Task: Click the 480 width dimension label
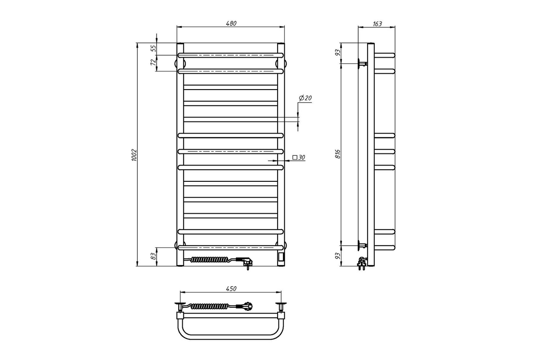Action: tap(231, 23)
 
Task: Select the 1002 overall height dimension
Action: tap(134, 155)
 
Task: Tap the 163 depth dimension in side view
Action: tap(377, 24)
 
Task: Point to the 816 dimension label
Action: tap(338, 154)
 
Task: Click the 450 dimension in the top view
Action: tap(231, 288)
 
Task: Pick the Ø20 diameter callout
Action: tap(305, 98)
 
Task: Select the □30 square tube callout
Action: tap(299, 157)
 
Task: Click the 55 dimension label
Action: tap(153, 49)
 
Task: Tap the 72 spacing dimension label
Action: tap(153, 62)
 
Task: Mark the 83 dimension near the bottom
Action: tap(153, 256)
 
